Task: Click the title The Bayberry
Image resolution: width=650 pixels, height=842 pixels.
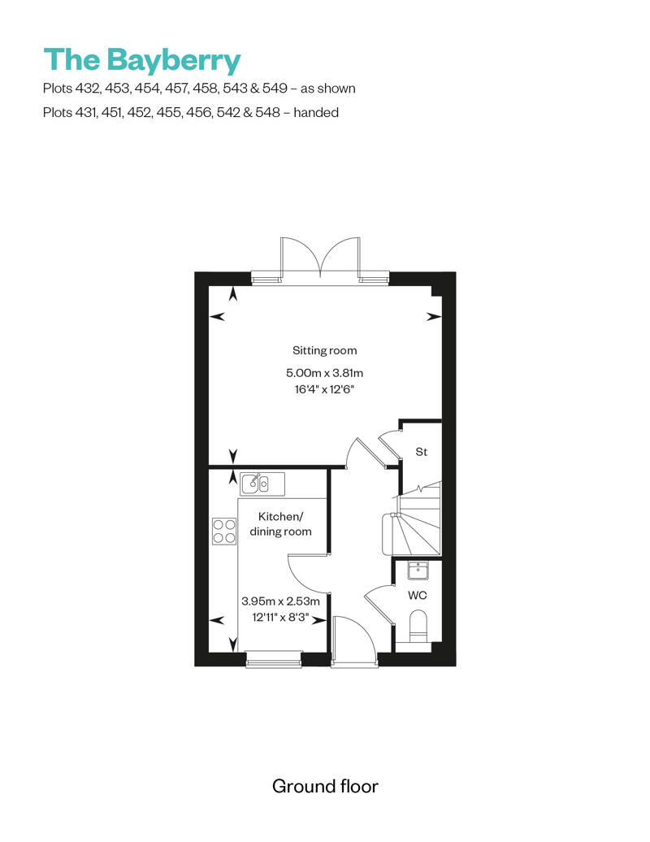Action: point(142,60)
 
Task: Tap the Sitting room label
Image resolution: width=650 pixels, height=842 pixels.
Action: point(325,350)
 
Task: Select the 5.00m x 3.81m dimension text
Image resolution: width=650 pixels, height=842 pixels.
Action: point(325,373)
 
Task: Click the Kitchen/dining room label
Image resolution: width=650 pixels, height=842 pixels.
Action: point(280,524)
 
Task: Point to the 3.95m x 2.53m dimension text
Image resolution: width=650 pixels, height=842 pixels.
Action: point(280,601)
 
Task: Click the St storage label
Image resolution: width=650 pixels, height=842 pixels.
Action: point(422,452)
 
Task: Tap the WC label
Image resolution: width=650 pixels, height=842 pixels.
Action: point(418,595)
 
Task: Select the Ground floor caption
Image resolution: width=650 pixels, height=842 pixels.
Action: point(325,786)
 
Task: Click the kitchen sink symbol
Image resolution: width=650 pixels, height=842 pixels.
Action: point(262,484)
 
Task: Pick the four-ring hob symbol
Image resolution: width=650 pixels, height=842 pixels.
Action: point(224,531)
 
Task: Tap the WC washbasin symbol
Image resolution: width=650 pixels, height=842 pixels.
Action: point(418,571)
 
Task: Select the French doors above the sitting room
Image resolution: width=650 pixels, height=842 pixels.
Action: point(320,258)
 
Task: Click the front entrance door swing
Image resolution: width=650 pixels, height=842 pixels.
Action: point(354,639)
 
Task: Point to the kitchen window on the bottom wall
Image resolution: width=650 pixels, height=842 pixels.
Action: point(274,659)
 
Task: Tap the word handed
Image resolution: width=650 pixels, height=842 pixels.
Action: point(316,113)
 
